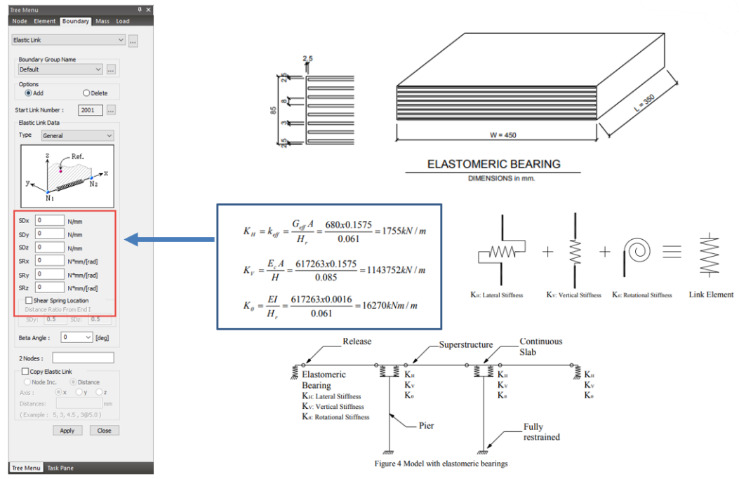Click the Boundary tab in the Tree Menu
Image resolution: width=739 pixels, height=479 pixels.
pyautogui.click(x=75, y=22)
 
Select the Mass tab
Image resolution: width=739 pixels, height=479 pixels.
pyautogui.click(x=102, y=22)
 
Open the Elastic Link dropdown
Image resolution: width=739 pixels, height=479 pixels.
pyautogui.click(x=69, y=41)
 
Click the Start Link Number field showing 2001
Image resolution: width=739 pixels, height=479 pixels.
pyautogui.click(x=91, y=110)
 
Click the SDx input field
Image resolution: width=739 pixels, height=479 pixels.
pyautogui.click(x=50, y=220)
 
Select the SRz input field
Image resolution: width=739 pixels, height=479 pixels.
pyautogui.click(x=50, y=288)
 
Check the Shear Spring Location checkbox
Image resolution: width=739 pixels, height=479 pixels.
pyautogui.click(x=29, y=301)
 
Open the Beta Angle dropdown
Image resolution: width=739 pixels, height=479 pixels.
pyautogui.click(x=77, y=337)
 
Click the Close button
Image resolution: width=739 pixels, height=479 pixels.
pyautogui.click(x=104, y=431)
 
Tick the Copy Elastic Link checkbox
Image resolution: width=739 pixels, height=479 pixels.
pyautogui.click(x=25, y=372)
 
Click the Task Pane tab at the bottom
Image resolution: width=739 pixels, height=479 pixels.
pyautogui.click(x=60, y=468)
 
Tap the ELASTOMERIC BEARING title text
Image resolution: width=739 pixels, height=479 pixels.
pyautogui.click(x=493, y=164)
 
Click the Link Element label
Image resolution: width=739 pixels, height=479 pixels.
pyautogui.click(x=711, y=295)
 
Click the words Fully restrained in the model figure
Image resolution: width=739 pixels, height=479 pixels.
pyautogui.click(x=541, y=432)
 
